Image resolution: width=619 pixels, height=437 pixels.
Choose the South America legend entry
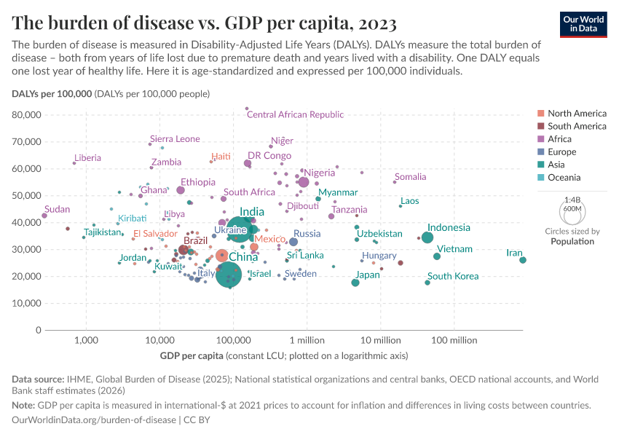coord(577,126)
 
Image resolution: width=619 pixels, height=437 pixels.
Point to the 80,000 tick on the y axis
coord(27,115)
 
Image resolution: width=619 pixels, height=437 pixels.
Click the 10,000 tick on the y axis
coord(27,304)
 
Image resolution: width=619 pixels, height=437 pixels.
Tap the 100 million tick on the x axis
coord(454,340)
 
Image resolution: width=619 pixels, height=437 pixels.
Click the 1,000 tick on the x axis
coord(86,340)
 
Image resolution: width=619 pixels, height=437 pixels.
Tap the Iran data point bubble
coord(523,260)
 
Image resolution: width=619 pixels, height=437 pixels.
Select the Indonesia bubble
coord(427,237)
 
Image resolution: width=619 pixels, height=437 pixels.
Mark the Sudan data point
coord(44,216)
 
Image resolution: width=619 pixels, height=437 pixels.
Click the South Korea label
coord(453,276)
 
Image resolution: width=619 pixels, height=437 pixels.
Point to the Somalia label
coord(410,177)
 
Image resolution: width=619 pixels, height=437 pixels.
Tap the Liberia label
coord(87,158)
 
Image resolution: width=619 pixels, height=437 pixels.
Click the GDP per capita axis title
coord(191,356)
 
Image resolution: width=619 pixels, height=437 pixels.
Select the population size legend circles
coord(572,213)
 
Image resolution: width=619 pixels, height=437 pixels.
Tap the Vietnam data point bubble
coord(437,256)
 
